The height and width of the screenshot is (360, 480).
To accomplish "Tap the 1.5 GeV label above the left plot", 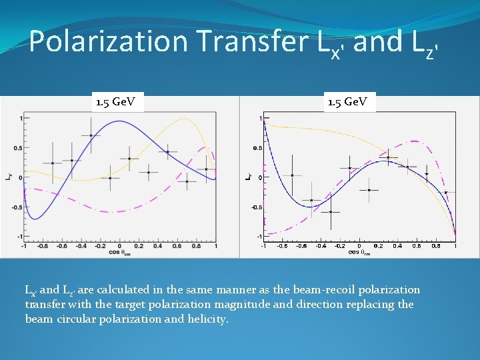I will click(115, 102).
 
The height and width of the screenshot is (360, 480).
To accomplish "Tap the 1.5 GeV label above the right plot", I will click(351, 102).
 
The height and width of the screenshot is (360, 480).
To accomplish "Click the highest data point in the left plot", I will click(91, 135).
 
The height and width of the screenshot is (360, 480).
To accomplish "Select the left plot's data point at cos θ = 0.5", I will click(167, 152).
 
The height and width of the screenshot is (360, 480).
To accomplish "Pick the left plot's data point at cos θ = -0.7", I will click(53, 163).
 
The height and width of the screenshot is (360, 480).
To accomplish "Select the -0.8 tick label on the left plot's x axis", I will click(43, 246).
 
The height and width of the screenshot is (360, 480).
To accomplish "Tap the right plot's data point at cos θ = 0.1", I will click(369, 190).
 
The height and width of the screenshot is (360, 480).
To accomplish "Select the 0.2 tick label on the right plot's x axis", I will click(378, 245).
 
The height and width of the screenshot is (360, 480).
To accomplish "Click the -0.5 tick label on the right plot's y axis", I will click(257, 207).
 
